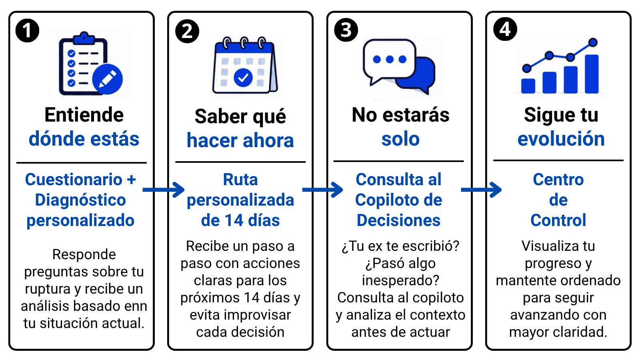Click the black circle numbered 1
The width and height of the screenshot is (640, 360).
(28, 30)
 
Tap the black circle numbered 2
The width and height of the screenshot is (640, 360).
(187, 31)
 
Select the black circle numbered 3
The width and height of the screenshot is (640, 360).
(346, 30)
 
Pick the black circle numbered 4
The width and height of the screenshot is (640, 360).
(505, 29)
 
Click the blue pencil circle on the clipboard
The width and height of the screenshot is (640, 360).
(108, 79)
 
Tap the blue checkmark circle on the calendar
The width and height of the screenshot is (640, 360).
(243, 78)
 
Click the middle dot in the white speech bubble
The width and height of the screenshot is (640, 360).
(390, 60)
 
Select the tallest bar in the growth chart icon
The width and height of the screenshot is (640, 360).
(592, 74)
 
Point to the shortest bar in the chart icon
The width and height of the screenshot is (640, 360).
(528, 86)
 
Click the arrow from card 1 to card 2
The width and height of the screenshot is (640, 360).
(164, 190)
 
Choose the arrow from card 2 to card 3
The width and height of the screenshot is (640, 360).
(322, 190)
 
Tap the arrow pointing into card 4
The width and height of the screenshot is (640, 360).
(481, 190)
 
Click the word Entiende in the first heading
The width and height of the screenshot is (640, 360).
(84, 115)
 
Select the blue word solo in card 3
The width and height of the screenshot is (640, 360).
(400, 139)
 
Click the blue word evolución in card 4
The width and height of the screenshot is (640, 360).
(561, 139)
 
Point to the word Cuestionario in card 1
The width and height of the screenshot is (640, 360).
(74, 180)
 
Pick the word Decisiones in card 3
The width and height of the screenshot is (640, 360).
(398, 220)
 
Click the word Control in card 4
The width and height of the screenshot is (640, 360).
(558, 220)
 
